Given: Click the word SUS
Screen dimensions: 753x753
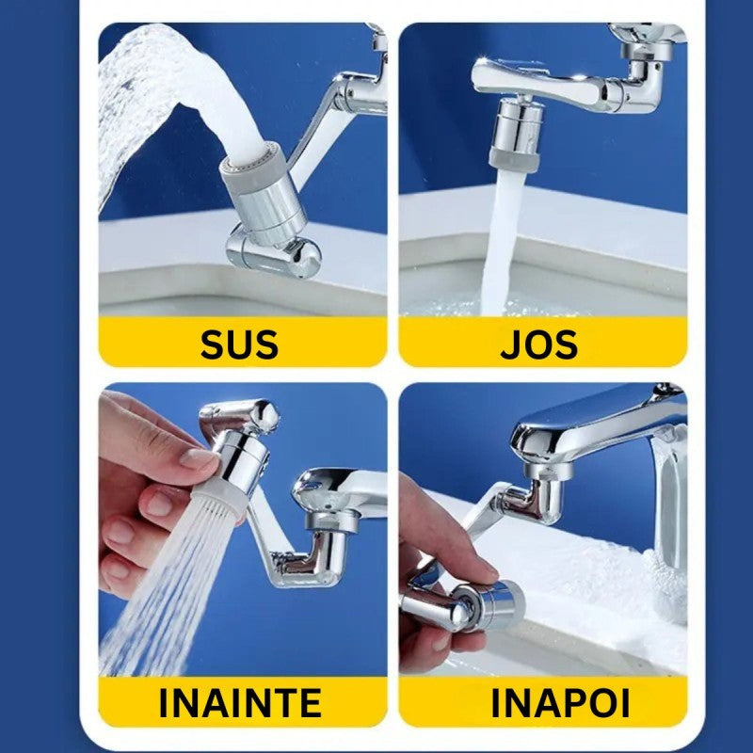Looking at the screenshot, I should tap(239, 344).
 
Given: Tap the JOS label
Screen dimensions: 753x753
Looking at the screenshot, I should tap(539, 344).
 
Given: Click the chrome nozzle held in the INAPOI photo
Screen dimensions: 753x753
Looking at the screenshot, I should tap(485, 602).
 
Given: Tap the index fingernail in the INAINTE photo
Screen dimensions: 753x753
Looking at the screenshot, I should tap(200, 458).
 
